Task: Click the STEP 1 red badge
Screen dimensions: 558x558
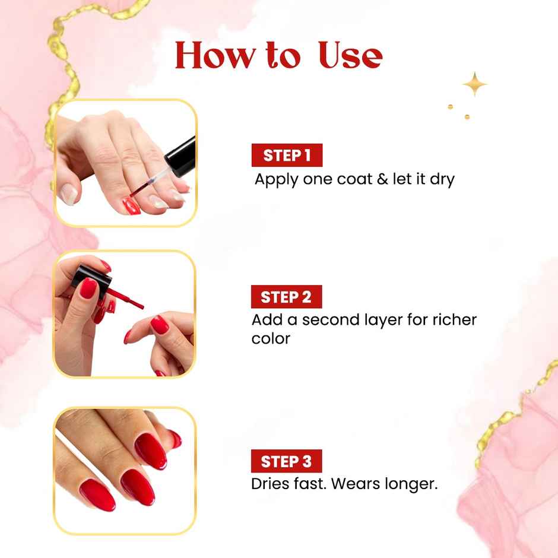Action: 287,156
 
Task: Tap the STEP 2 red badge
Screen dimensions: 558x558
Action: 286,297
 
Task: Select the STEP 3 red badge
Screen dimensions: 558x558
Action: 286,461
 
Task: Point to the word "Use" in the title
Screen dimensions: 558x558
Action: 350,55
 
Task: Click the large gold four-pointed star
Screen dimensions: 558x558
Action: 475,84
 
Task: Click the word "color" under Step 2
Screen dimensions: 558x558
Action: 271,339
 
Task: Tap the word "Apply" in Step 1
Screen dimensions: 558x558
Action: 276,180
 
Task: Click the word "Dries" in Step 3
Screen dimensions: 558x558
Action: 271,484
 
